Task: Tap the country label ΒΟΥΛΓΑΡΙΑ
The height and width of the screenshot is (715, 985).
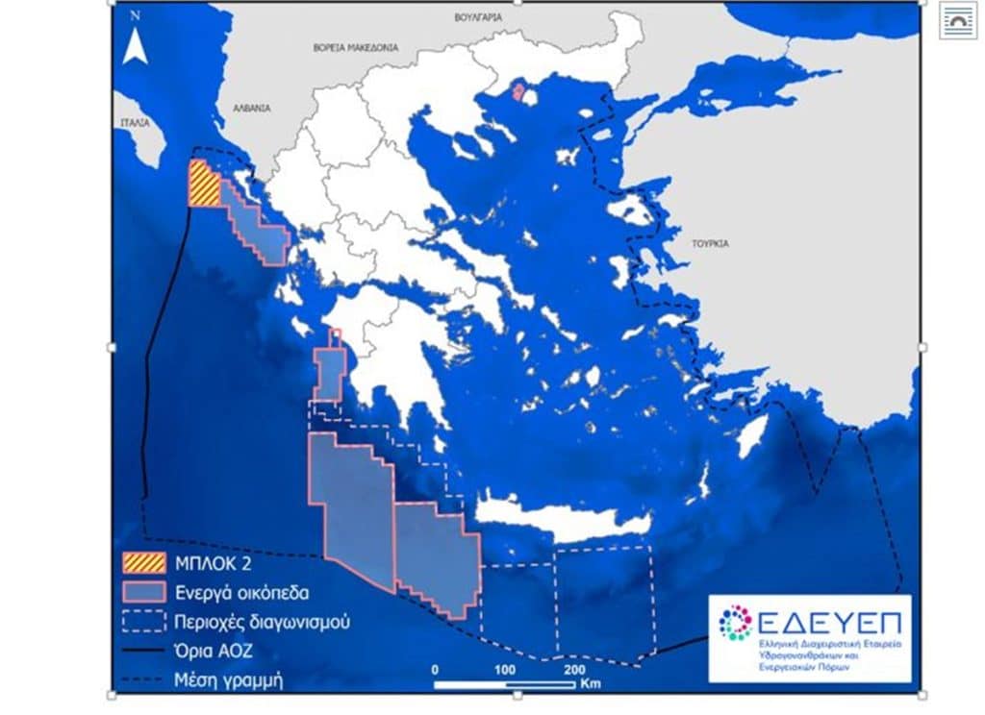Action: point(479,17)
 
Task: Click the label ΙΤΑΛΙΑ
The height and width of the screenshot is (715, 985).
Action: point(135,123)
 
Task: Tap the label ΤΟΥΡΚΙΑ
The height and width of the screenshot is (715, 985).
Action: point(709,243)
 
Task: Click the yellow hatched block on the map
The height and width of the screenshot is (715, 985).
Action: point(203,184)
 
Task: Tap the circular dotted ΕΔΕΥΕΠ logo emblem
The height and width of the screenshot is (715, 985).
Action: point(735,623)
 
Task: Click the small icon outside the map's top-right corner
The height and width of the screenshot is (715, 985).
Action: point(958,20)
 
